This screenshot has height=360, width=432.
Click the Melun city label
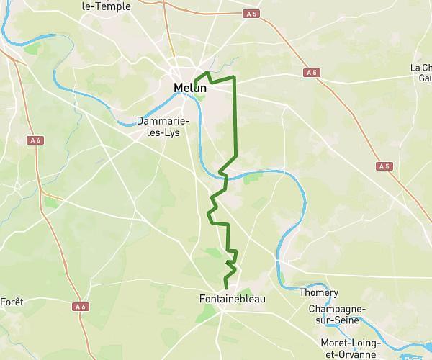point(189,89)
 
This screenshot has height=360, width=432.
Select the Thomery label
point(318,293)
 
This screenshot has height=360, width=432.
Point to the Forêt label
point(12,302)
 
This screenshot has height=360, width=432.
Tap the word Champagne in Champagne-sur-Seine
point(336,308)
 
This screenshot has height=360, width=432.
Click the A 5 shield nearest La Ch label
point(310,73)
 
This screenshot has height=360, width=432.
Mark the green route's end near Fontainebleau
point(226,288)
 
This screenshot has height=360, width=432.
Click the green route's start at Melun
point(195,81)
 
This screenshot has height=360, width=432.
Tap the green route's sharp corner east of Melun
point(235,77)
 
